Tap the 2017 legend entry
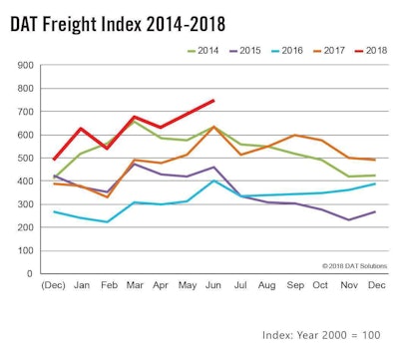tap(337, 48)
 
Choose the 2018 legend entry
tap(379, 48)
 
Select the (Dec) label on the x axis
tap(53, 285)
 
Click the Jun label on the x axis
tap(211, 285)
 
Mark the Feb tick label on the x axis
tap(107, 285)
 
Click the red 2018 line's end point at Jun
tap(212, 100)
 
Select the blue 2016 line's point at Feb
tap(107, 221)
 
